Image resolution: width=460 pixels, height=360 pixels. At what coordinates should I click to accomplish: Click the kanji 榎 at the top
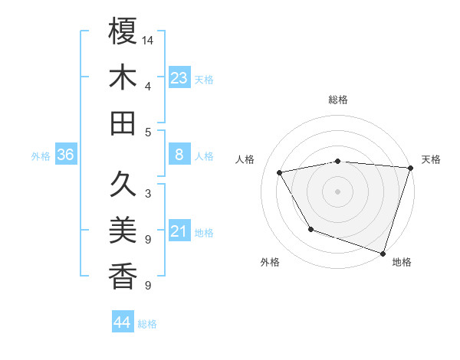[x=123, y=32]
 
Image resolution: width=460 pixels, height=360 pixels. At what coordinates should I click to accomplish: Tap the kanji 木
[x=123, y=78]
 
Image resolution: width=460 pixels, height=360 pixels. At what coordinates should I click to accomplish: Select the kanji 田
[x=123, y=123]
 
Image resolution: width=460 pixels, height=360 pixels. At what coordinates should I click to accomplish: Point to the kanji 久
[x=123, y=184]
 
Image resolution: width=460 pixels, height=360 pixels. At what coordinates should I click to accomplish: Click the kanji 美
[x=123, y=230]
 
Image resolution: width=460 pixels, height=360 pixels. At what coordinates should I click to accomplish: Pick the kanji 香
[x=123, y=276]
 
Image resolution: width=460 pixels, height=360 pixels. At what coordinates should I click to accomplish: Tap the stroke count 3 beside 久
[x=147, y=193]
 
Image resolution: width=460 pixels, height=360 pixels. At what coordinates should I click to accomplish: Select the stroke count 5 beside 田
[x=147, y=132]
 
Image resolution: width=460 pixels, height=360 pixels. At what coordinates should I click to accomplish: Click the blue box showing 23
[x=179, y=78]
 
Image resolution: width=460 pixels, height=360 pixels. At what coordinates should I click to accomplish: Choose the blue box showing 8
[x=179, y=155]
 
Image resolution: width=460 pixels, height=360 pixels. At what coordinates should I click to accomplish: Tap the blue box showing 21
[x=179, y=231]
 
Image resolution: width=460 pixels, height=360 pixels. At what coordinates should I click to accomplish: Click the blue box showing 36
[x=65, y=155]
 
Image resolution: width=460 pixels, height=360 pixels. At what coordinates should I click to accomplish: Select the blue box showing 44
[x=122, y=322]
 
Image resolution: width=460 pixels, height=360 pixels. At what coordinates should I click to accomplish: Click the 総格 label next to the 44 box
[x=147, y=324]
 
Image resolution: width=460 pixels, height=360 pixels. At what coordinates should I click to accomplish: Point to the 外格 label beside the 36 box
[x=41, y=156]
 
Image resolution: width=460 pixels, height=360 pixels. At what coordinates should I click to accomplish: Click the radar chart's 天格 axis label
[x=431, y=159]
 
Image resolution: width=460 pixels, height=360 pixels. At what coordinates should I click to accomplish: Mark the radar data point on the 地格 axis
[x=383, y=253]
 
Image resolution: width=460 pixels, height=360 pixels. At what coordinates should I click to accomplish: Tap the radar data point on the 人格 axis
[x=280, y=173]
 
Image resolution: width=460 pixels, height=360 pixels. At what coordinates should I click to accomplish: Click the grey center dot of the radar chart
[x=337, y=191]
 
